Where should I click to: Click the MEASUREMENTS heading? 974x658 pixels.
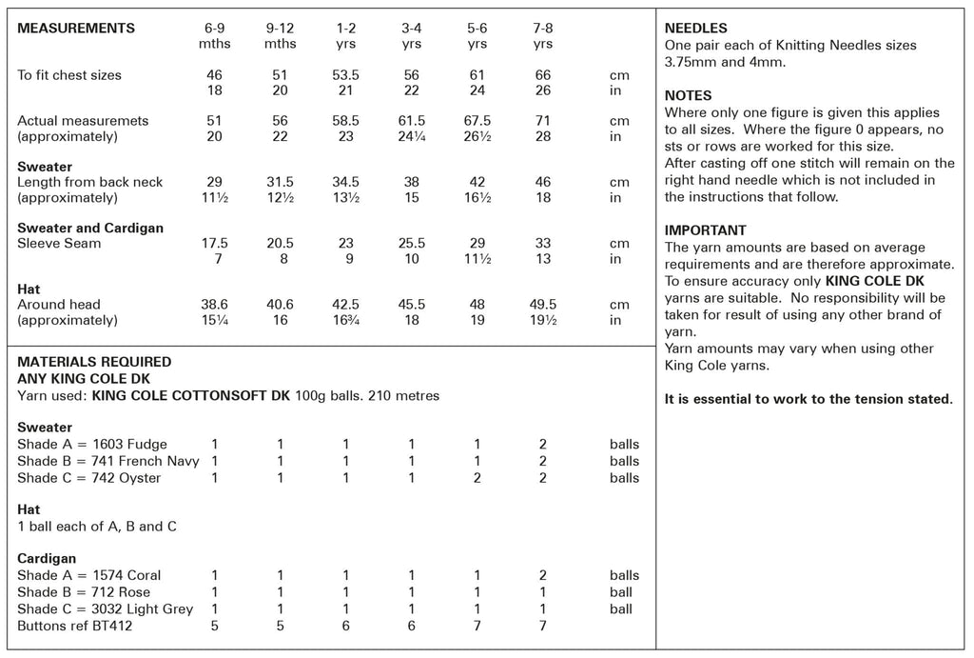click(x=76, y=29)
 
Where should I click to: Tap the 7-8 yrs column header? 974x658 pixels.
click(x=543, y=36)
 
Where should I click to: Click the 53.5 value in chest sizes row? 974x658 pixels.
click(x=346, y=75)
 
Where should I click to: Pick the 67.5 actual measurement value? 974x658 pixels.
click(x=477, y=121)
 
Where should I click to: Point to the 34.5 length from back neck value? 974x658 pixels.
click(x=346, y=182)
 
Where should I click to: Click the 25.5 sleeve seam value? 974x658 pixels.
click(x=412, y=244)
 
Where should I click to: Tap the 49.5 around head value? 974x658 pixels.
click(x=543, y=305)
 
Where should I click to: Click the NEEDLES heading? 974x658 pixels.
click(x=695, y=29)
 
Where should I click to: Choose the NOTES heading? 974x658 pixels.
click(x=688, y=96)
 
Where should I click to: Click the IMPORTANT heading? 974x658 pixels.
click(x=705, y=230)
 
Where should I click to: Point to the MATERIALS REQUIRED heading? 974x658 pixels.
click(x=94, y=362)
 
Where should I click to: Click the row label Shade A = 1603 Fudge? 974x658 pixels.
click(x=92, y=445)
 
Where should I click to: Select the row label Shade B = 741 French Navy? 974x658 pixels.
click(x=109, y=462)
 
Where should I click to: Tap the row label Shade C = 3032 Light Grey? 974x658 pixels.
click(x=105, y=609)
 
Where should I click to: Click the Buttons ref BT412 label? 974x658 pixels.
click(x=76, y=627)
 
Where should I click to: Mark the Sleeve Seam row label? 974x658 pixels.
click(x=59, y=244)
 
